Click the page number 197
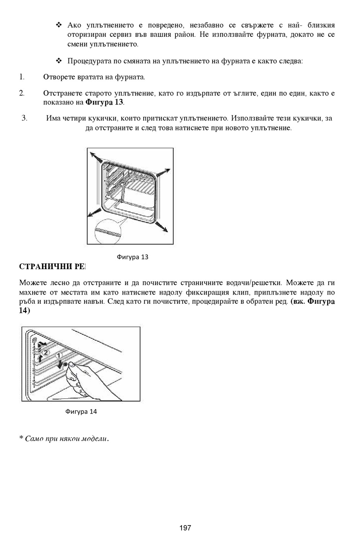pos(185,528)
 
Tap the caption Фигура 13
pos(133,257)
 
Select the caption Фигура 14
pos(81,412)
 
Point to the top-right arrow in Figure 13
pos(163,173)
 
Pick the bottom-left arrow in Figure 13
pos(94,213)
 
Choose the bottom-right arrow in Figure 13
pos(161,227)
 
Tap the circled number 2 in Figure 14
pos(45,353)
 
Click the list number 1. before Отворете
pos(22,77)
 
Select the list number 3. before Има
pos(24,118)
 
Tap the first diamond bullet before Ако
pos(59,25)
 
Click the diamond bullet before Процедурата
pos(59,61)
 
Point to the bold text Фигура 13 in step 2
pos(105,102)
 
